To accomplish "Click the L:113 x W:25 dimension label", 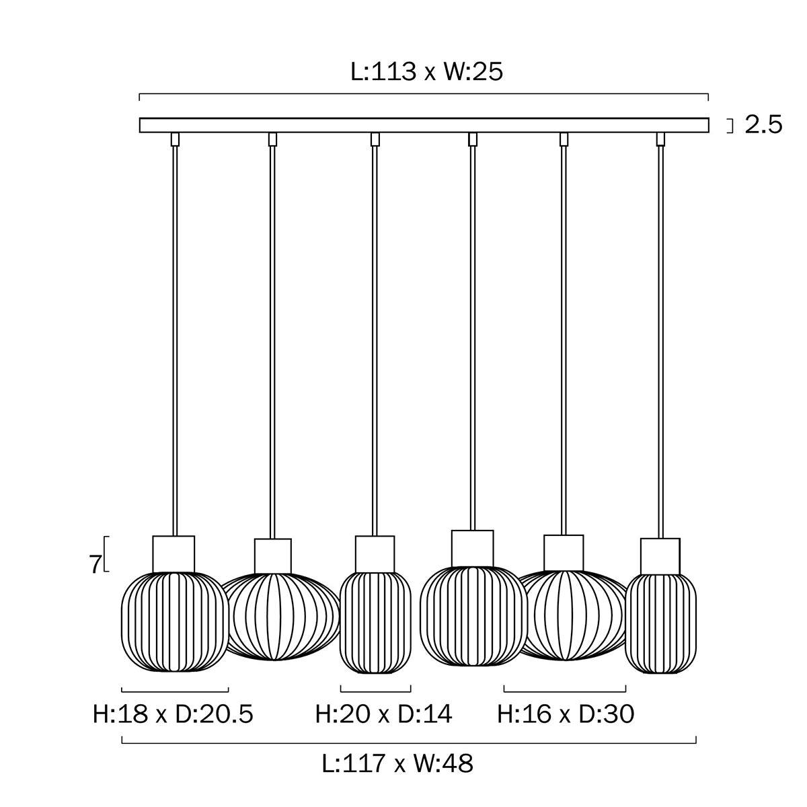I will click(427, 71).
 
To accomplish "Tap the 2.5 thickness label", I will click(763, 125).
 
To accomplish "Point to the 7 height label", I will click(95, 564).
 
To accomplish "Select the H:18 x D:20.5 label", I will click(173, 714).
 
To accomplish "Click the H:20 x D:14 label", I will click(383, 714).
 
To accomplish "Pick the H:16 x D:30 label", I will click(566, 714).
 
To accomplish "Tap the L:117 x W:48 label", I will click(397, 764).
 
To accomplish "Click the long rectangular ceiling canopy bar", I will click(424, 125).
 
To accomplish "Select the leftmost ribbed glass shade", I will click(174, 621).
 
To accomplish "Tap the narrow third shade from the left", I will click(375, 622).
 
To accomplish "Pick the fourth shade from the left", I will click(473, 617).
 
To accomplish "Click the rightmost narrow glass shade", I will click(661, 623).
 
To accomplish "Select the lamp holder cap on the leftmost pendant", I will click(174, 553).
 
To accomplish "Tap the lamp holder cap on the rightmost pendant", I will click(660, 555).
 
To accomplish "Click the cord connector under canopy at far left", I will click(176, 139).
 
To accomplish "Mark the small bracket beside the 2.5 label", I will click(730, 126).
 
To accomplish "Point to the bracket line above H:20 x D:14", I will click(375, 690).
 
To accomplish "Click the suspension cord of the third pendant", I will click(375, 336).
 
